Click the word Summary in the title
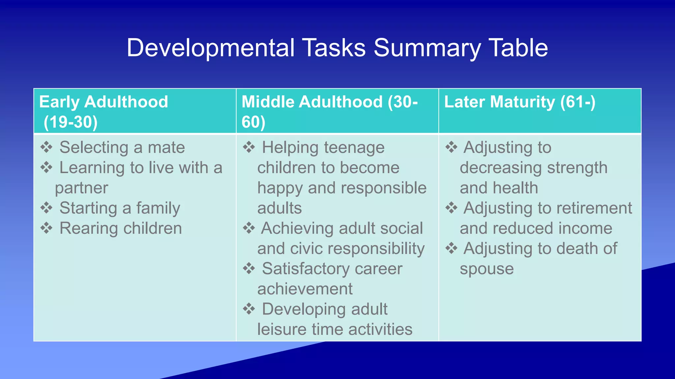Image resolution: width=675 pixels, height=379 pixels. point(427,48)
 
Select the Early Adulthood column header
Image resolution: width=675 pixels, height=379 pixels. point(103,102)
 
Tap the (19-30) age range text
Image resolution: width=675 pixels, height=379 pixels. point(71,122)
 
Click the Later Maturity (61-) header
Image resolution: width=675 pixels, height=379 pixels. point(520,102)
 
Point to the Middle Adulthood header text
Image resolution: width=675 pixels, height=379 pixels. point(330,102)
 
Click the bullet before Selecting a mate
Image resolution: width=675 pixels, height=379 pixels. point(46,147)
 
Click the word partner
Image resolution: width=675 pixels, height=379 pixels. point(81,188)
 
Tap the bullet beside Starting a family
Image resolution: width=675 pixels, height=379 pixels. point(46,208)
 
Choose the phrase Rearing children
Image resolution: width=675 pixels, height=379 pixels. point(121,228)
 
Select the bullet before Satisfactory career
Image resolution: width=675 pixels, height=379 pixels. point(249,268)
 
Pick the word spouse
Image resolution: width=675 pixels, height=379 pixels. point(486,269)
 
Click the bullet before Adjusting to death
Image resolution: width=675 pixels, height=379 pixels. point(451,248)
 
